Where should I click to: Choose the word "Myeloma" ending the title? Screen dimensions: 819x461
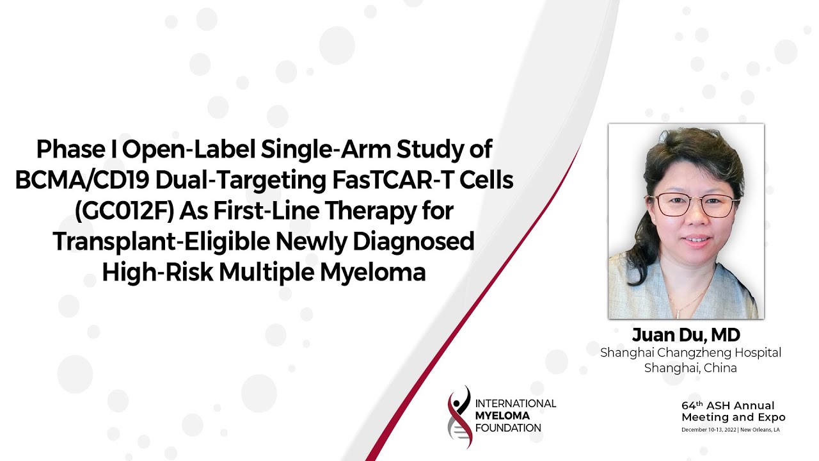pos(373,273)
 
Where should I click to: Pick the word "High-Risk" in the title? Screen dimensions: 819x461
pos(157,272)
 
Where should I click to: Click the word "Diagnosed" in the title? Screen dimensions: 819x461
pos(413,242)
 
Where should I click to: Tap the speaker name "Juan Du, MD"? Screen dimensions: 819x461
pos(687,335)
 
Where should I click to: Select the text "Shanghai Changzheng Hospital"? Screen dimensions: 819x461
pos(690,353)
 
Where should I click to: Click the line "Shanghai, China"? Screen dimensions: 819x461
pos(690,368)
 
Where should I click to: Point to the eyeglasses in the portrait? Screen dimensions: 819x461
pos(692,206)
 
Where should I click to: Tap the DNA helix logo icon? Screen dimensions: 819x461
pos(459,417)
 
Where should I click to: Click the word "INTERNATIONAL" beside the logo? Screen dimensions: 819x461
pos(516,403)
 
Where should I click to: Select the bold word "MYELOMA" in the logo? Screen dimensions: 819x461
pos(502,416)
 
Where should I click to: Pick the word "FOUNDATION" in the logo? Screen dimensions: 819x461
pos(508,428)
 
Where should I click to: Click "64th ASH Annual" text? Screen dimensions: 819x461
pos(728,405)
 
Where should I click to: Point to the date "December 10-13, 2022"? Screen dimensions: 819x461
pos(708,430)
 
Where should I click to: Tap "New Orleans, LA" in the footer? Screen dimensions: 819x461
pos(760,430)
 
